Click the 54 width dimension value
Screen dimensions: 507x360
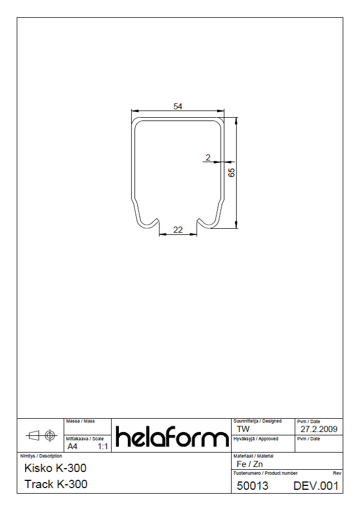[178, 107]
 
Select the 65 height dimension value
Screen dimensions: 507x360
[232, 172]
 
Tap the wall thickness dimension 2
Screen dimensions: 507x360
[208, 158]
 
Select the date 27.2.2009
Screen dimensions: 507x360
[319, 429]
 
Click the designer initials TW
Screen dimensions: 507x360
[243, 429]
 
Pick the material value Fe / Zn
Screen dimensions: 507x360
[250, 464]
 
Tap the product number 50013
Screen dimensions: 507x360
[252, 486]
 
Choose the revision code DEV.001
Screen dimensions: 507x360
[316, 486]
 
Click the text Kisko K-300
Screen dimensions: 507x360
[56, 468]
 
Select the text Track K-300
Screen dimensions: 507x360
[56, 484]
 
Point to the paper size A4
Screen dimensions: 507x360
[73, 446]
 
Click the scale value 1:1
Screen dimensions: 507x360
[103, 446]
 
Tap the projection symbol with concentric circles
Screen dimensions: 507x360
[51, 435]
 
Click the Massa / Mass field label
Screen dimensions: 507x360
[80, 421]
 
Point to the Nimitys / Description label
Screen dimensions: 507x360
[41, 456]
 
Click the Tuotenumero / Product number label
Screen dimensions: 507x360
[265, 473]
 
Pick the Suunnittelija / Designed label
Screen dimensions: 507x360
[257, 421]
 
